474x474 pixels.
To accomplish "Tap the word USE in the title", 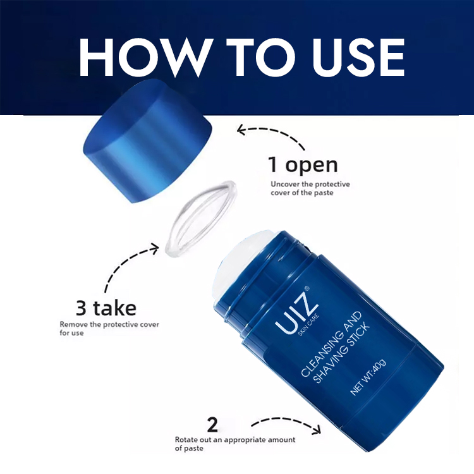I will click(351, 57).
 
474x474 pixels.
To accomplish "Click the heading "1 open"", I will click(303, 166).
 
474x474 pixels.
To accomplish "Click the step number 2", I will click(212, 423).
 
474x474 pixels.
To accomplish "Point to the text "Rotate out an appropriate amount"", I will click(237, 439).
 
